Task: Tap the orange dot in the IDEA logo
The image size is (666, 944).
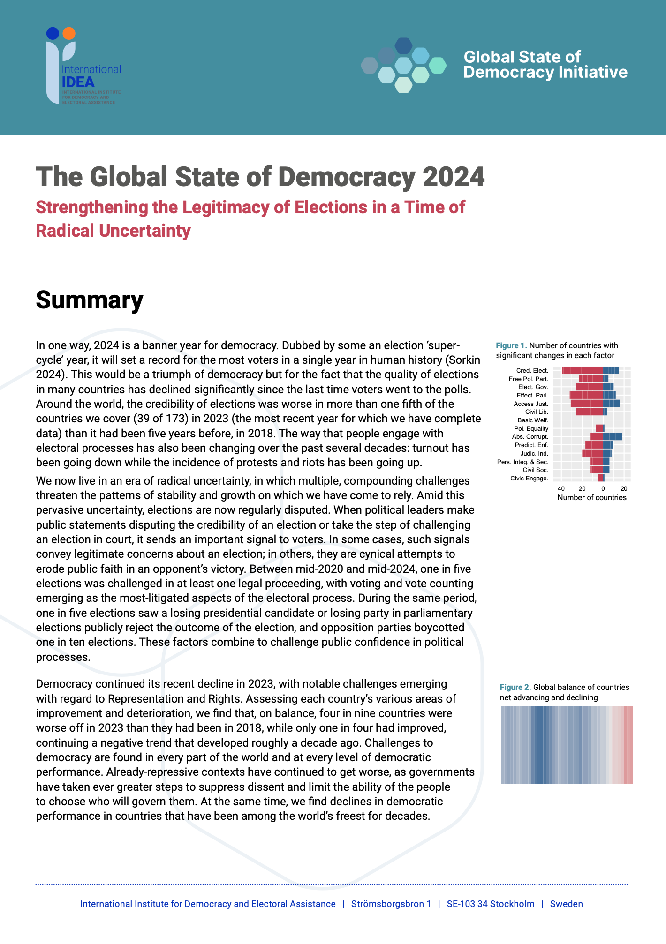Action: coord(69,33)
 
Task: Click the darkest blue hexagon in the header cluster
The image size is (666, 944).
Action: coord(403,45)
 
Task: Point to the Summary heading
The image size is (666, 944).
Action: coord(89,300)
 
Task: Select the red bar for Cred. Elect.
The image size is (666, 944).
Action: coord(583,371)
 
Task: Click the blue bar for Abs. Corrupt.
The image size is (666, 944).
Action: coord(612,437)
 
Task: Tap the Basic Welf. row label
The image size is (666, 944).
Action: coord(533,420)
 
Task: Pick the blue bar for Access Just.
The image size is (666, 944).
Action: coord(611,404)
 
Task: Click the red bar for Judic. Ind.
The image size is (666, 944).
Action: coord(592,453)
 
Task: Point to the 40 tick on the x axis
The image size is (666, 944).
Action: coord(561,488)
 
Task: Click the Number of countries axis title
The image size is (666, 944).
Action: coord(592,498)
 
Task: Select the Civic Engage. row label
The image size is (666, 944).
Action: coord(529,479)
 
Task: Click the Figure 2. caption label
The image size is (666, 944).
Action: coord(515,687)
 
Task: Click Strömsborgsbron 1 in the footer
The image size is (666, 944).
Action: coord(391,904)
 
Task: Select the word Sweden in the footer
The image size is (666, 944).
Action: coord(566,904)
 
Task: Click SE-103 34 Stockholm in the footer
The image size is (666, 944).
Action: coord(490,904)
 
